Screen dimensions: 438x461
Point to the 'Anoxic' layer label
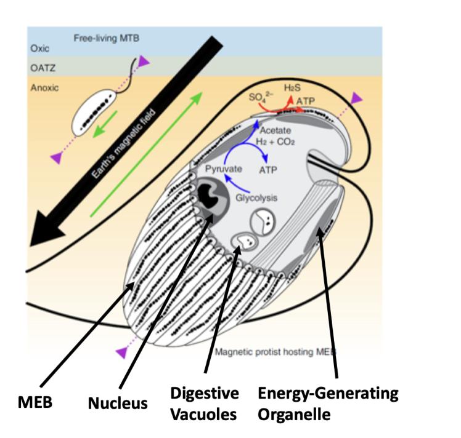click(x=44, y=87)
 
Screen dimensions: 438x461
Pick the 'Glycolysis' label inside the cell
click(x=255, y=198)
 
